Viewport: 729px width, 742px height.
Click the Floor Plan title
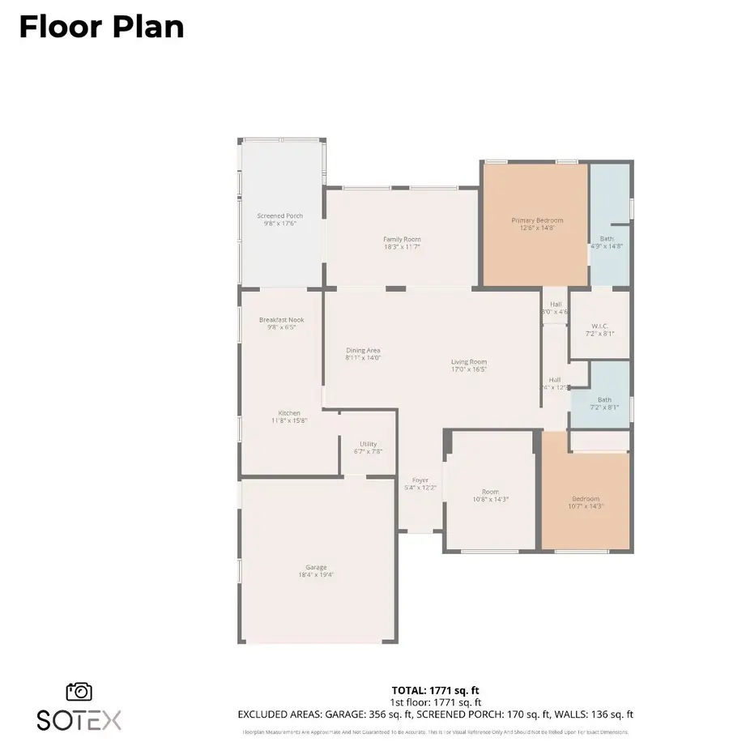(x=101, y=27)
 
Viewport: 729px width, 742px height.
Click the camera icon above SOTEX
(x=79, y=691)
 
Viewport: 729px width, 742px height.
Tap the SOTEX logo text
(x=79, y=719)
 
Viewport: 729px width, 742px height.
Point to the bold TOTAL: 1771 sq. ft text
(x=435, y=690)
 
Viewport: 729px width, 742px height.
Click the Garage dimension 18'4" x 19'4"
(x=316, y=574)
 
